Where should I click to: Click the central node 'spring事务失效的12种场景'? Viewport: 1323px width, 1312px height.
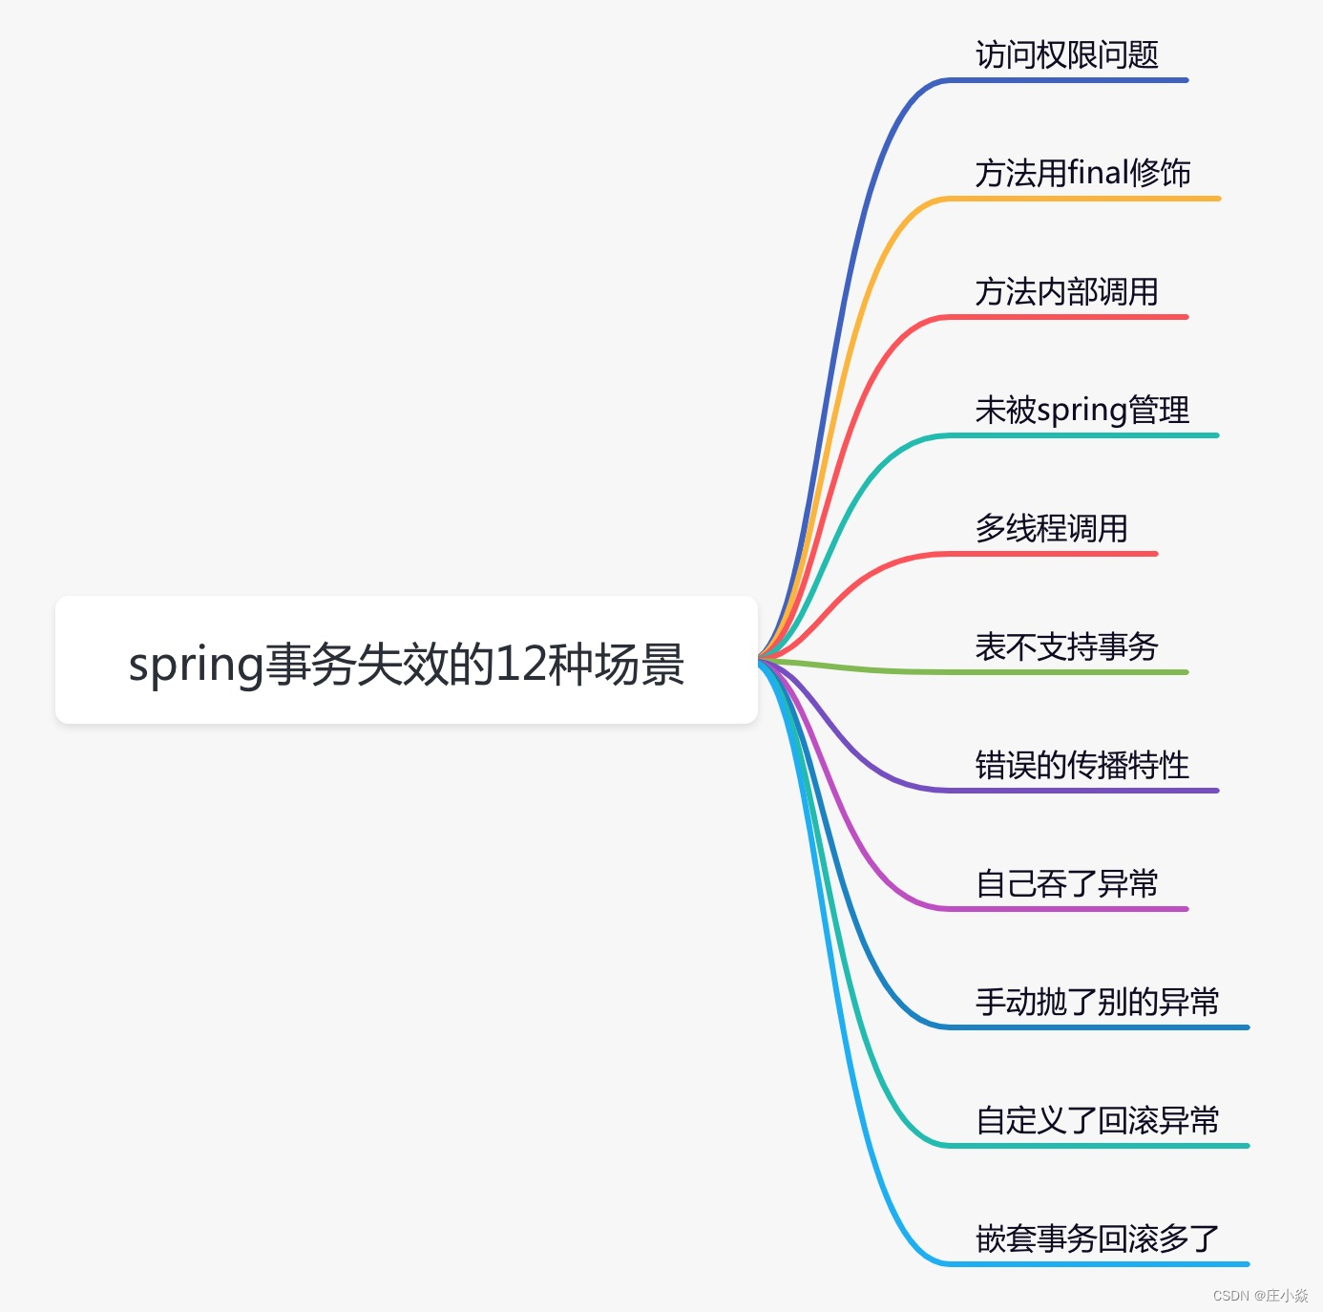[x=406, y=661]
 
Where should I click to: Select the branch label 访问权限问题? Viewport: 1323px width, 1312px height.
[x=1066, y=54]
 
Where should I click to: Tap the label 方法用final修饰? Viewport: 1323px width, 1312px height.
[x=1082, y=173]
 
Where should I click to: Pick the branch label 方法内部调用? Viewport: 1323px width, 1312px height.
[x=1066, y=291]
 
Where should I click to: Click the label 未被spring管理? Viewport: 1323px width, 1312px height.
[x=1081, y=410]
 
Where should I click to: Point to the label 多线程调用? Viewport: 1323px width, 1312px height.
[x=1051, y=528]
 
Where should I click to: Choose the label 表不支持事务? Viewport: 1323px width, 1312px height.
[x=1066, y=646]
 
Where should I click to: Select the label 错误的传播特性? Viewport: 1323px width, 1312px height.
[x=1081, y=765]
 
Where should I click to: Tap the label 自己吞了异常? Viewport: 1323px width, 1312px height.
[x=1066, y=883]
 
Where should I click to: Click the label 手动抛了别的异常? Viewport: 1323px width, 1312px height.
[x=1097, y=1002]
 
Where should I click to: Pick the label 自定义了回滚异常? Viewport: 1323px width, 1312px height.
[x=1097, y=1120]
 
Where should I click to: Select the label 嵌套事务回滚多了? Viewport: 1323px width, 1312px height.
[x=1097, y=1238]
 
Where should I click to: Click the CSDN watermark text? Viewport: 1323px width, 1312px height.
[x=1260, y=1296]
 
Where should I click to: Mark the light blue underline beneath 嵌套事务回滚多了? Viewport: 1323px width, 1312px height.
[x=1098, y=1264]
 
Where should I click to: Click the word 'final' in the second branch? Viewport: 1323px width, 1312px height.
[x=1098, y=173]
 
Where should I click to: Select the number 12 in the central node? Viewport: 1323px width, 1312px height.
[x=520, y=663]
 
